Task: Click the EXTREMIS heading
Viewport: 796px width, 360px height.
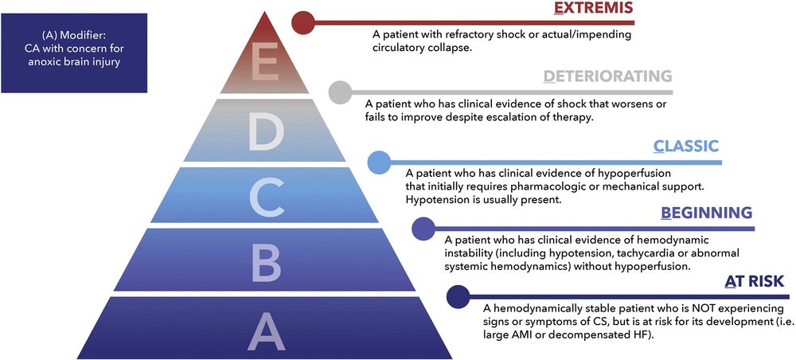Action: pyautogui.click(x=593, y=10)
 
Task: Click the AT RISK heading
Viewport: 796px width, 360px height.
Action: pyautogui.click(x=754, y=281)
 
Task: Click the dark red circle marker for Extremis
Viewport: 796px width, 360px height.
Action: pyautogui.click(x=302, y=23)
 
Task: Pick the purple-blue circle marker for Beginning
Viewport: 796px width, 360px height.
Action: pyautogui.click(x=423, y=229)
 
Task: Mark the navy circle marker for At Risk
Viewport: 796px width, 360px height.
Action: pyautogui.click(x=458, y=297)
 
